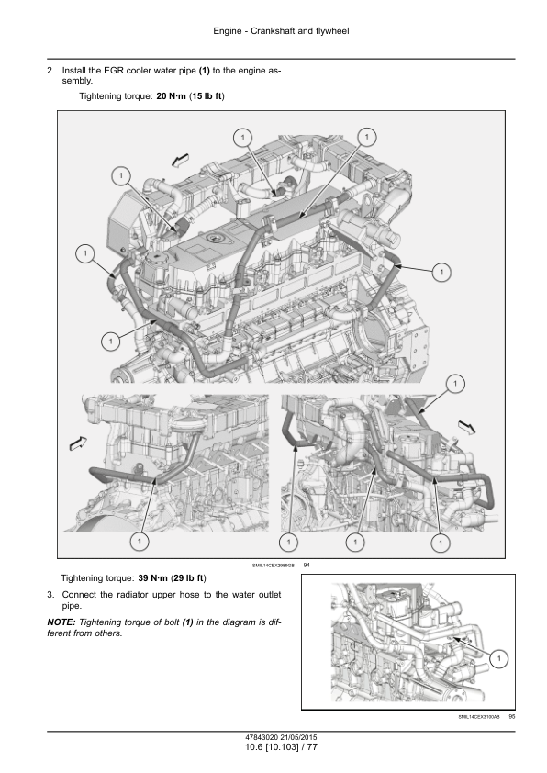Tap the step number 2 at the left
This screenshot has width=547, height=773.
(50, 71)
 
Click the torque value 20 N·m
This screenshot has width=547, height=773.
(171, 96)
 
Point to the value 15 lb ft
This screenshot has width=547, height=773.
(207, 96)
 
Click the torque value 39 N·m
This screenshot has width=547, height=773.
(152, 577)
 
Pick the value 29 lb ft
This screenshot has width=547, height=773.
(188, 577)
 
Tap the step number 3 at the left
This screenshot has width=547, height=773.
(50, 595)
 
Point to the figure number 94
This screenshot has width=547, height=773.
(307, 565)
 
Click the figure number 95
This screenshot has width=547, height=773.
(511, 717)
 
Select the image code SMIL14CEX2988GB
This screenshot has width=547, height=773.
(273, 566)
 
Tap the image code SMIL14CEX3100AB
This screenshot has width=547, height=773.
(479, 717)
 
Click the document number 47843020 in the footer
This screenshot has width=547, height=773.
(262, 738)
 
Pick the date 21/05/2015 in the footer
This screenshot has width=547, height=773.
(298, 738)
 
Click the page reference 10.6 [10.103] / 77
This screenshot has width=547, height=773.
(281, 747)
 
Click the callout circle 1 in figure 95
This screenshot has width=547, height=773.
(499, 658)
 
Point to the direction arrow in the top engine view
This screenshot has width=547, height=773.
(181, 161)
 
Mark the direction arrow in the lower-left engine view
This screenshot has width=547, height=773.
(78, 443)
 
